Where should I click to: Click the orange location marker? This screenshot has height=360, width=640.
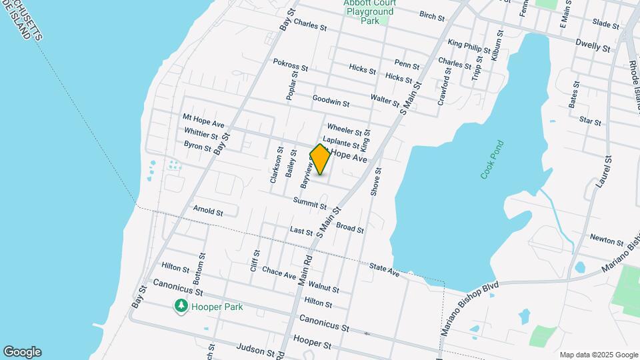click(x=321, y=159)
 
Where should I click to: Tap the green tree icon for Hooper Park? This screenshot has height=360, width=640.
click(x=181, y=307)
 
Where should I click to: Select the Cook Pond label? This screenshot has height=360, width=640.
click(x=493, y=159)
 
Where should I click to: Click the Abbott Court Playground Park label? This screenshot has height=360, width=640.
click(x=369, y=12)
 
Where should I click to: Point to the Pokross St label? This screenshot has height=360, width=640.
click(x=291, y=65)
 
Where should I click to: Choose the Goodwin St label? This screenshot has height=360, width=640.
click(x=331, y=101)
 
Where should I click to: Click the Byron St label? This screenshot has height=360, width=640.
click(x=198, y=145)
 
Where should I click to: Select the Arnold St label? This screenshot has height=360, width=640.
click(x=208, y=211)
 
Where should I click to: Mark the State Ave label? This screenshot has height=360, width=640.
click(x=384, y=269)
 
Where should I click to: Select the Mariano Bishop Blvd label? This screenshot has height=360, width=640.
click(x=470, y=307)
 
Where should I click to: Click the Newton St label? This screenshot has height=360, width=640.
click(x=606, y=238)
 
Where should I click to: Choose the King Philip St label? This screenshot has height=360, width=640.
click(x=469, y=47)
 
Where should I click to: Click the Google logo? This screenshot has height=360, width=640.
click(x=22, y=352)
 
